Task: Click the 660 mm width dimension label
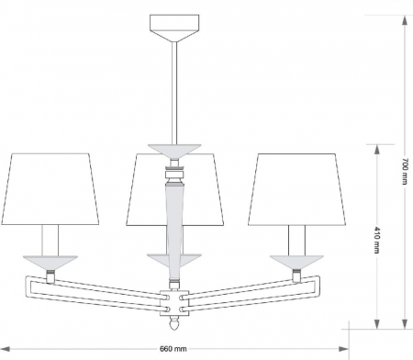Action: (x=173, y=349)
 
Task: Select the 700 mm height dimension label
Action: (x=405, y=172)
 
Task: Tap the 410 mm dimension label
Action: (x=377, y=240)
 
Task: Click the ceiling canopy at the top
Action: (x=174, y=28)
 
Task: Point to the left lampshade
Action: (x=50, y=189)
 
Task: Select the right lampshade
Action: (x=296, y=189)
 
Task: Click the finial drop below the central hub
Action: (x=174, y=323)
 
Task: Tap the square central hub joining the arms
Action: (x=174, y=302)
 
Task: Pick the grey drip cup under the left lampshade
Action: (x=50, y=262)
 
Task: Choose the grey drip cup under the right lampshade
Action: (x=296, y=262)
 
